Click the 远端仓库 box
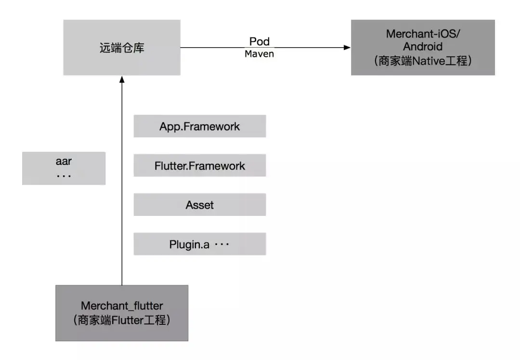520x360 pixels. pos(122,47)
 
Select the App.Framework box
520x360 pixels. pos(200,126)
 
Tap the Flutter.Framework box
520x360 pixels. pos(200,165)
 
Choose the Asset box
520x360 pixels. pos(200,205)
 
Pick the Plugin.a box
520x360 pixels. pos(200,244)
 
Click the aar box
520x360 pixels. pos(64,168)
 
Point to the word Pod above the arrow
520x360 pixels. pos(260,41)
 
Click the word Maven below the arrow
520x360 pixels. pos(260,54)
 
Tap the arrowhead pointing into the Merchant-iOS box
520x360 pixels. pos(347,47)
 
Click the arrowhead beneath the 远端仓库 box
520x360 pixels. pos(122,80)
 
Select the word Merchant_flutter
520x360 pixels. pos(122,306)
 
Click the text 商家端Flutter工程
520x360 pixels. pos(122,320)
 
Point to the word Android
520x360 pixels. pos(423,46)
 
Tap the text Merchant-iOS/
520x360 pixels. pos(423,34)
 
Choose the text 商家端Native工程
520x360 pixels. pos(423,61)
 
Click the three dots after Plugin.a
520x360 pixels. pos(222,244)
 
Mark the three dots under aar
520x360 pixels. pos(64,176)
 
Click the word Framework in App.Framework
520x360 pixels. pos(211,126)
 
